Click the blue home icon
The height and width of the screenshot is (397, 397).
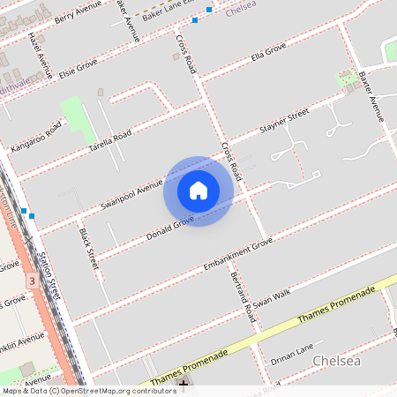tap(198, 191)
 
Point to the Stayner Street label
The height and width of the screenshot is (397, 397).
tap(284, 123)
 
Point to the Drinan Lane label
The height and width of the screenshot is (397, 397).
tap(292, 353)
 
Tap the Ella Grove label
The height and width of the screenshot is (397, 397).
tap(269, 57)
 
